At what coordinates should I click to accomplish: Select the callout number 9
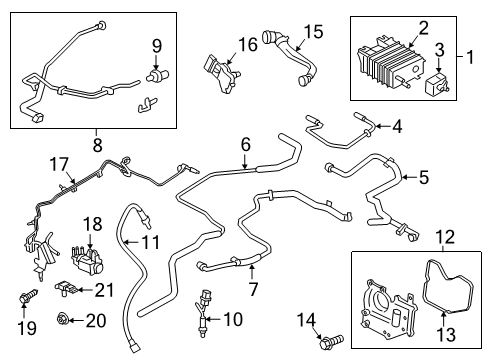pos(155,45)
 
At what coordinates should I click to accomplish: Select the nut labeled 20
pos(65,319)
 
